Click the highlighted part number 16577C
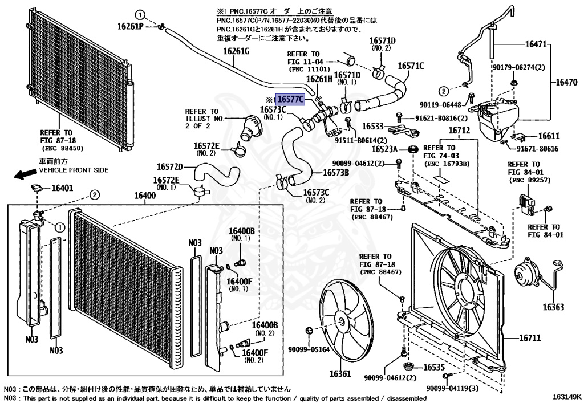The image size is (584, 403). (x=290, y=99)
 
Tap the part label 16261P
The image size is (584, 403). (x=131, y=26)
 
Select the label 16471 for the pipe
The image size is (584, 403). (x=535, y=43)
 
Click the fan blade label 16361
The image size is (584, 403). (x=340, y=374)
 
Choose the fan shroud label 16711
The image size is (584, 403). (x=529, y=339)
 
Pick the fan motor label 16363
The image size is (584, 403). (x=553, y=307)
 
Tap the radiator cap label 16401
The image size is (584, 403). (x=62, y=188)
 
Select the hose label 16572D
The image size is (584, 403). (x=170, y=167)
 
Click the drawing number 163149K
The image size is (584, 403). (x=565, y=395)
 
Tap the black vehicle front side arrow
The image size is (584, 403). (x=23, y=174)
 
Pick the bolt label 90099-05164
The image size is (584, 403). (x=309, y=349)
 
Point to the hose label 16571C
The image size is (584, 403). (x=411, y=66)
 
